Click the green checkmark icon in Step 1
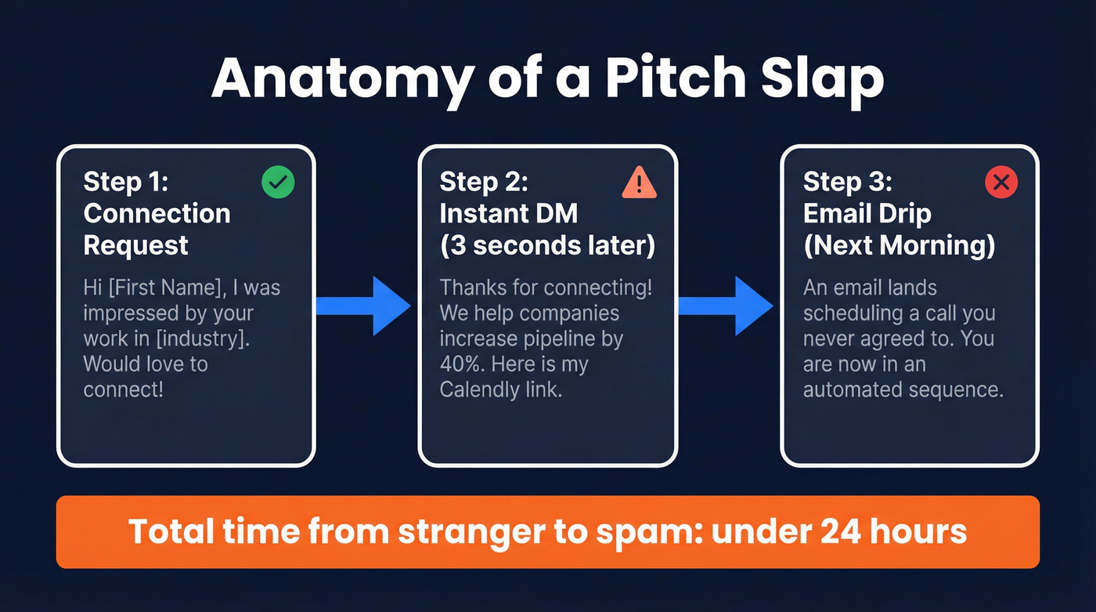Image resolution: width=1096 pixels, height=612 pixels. tap(278, 183)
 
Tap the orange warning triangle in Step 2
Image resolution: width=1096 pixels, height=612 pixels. tap(640, 183)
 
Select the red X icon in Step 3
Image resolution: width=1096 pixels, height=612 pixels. tap(1000, 183)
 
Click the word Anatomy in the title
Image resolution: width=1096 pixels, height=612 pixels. tap(341, 78)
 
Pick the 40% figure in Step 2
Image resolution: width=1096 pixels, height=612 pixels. tap(461, 364)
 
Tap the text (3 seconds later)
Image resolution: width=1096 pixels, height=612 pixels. tap(547, 245)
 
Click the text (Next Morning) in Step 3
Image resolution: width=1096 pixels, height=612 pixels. tap(899, 245)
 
